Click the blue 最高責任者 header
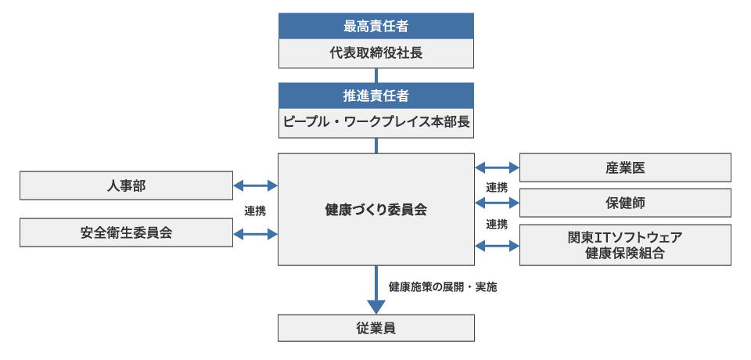coord(376,26)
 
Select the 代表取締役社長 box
coord(376,54)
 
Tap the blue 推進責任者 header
coord(376,95)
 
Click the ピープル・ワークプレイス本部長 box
coord(376,124)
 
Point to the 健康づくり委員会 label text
coord(376,210)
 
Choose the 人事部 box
coord(125,185)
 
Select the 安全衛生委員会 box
coord(125,233)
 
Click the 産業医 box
coord(625,167)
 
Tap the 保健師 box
coord(625,203)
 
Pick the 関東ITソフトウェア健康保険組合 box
coord(625,245)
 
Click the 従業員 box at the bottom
coord(376,328)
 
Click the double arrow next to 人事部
coord(256,185)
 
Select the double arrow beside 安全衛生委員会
coord(256,233)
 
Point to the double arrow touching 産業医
coord(497,167)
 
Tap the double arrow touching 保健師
coord(497,203)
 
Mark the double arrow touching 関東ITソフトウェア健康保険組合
coord(497,245)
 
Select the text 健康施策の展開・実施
coord(442,286)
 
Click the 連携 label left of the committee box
coord(255,211)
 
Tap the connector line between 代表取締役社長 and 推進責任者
coord(376,75)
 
